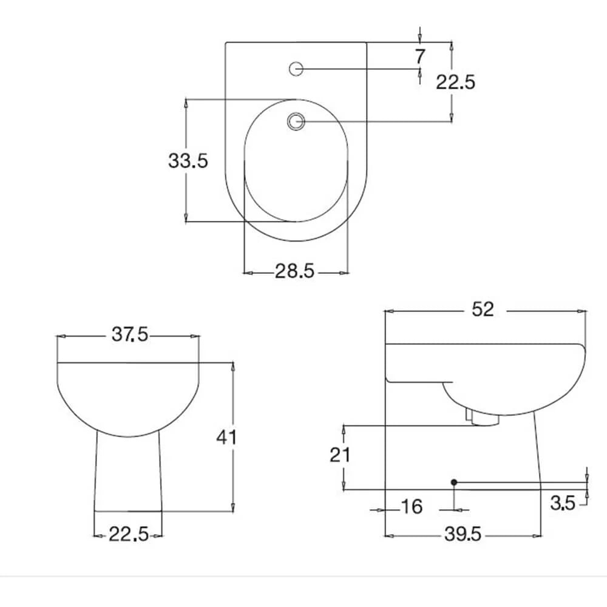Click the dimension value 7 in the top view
click(x=420, y=56)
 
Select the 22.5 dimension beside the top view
click(x=455, y=82)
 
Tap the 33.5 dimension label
click(x=188, y=161)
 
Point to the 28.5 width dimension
click(x=295, y=271)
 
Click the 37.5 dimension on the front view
click(x=130, y=334)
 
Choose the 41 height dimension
click(x=226, y=436)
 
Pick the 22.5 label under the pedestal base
click(x=128, y=535)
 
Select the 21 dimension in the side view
click(x=340, y=455)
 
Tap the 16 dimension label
click(x=412, y=506)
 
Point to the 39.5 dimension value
click(x=463, y=534)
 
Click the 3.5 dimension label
click(x=563, y=503)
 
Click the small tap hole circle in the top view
click(x=296, y=69)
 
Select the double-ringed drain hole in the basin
click(x=296, y=121)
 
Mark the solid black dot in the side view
click(x=453, y=482)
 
